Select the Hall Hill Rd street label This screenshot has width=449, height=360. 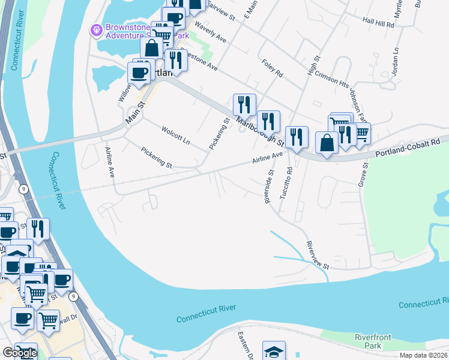(x=378, y=25)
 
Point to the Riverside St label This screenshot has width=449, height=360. (x=270, y=185)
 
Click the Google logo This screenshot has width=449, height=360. (x=19, y=353)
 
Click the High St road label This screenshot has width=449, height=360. (x=312, y=64)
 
